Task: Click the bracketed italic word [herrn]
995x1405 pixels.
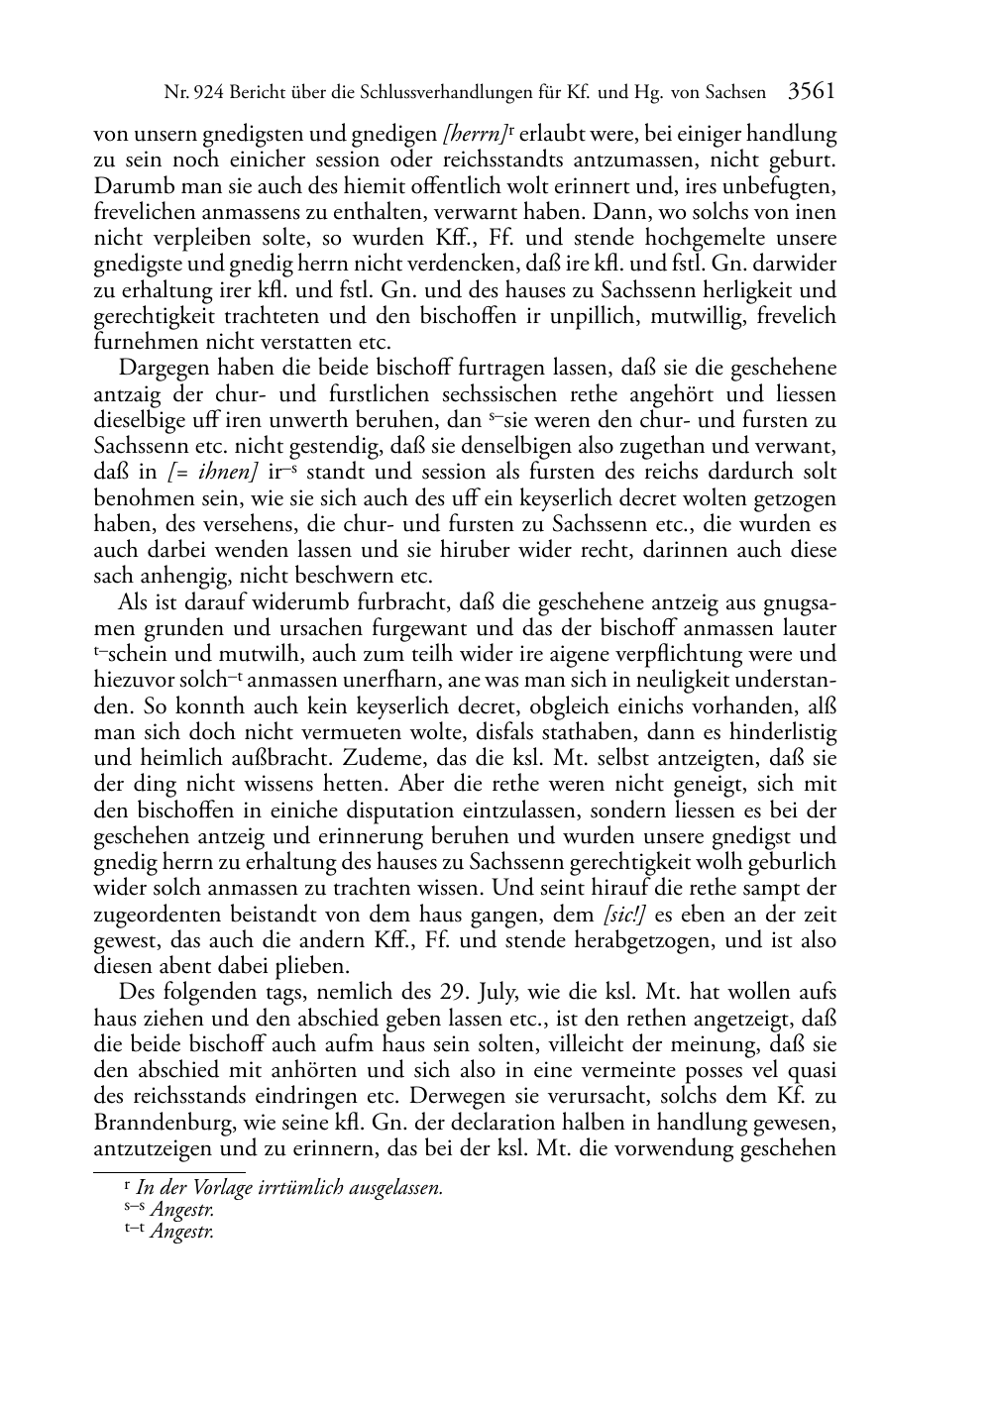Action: [473, 133]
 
